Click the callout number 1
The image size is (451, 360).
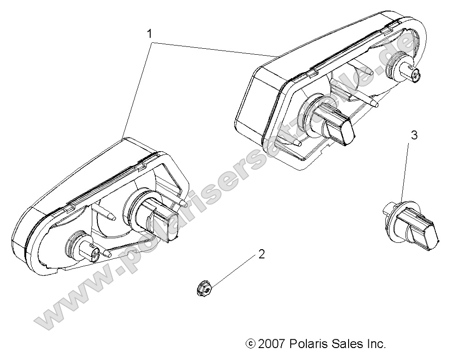tap(149, 33)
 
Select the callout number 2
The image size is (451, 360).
tap(261, 253)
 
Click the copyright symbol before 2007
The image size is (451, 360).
tap(250, 343)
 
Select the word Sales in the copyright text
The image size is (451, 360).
tap(346, 343)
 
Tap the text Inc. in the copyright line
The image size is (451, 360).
tap(374, 343)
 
